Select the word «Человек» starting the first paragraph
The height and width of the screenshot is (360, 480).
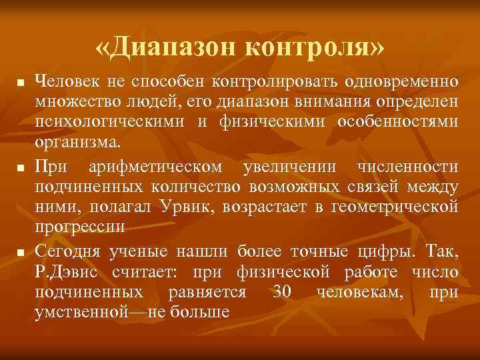[x=67, y=81]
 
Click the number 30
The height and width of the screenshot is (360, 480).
[x=282, y=291]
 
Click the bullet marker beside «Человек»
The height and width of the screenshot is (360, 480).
[x=21, y=83]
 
